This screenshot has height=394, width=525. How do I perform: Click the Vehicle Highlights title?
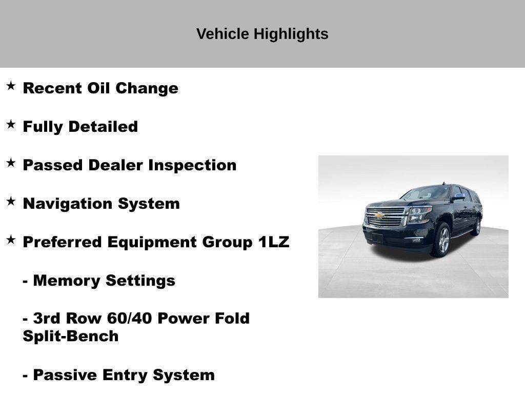click(x=262, y=34)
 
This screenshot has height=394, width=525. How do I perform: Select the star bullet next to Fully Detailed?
click(x=11, y=124)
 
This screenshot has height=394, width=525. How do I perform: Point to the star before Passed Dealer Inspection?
click(x=11, y=163)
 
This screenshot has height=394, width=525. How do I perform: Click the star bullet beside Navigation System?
click(x=11, y=201)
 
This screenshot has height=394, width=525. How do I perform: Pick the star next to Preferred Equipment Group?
click(x=11, y=240)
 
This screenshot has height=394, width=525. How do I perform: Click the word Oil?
click(x=99, y=88)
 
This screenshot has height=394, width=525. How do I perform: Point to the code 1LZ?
click(x=273, y=242)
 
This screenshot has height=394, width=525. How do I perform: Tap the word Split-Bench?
click(x=71, y=337)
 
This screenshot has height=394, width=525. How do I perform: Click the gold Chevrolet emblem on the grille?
click(x=379, y=215)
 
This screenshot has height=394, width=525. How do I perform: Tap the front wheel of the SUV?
click(x=442, y=240)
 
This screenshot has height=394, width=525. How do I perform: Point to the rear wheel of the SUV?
click(x=477, y=226)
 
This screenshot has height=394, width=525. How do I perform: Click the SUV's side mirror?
click(x=458, y=196)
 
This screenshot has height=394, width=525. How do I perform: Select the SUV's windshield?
click(x=427, y=193)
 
